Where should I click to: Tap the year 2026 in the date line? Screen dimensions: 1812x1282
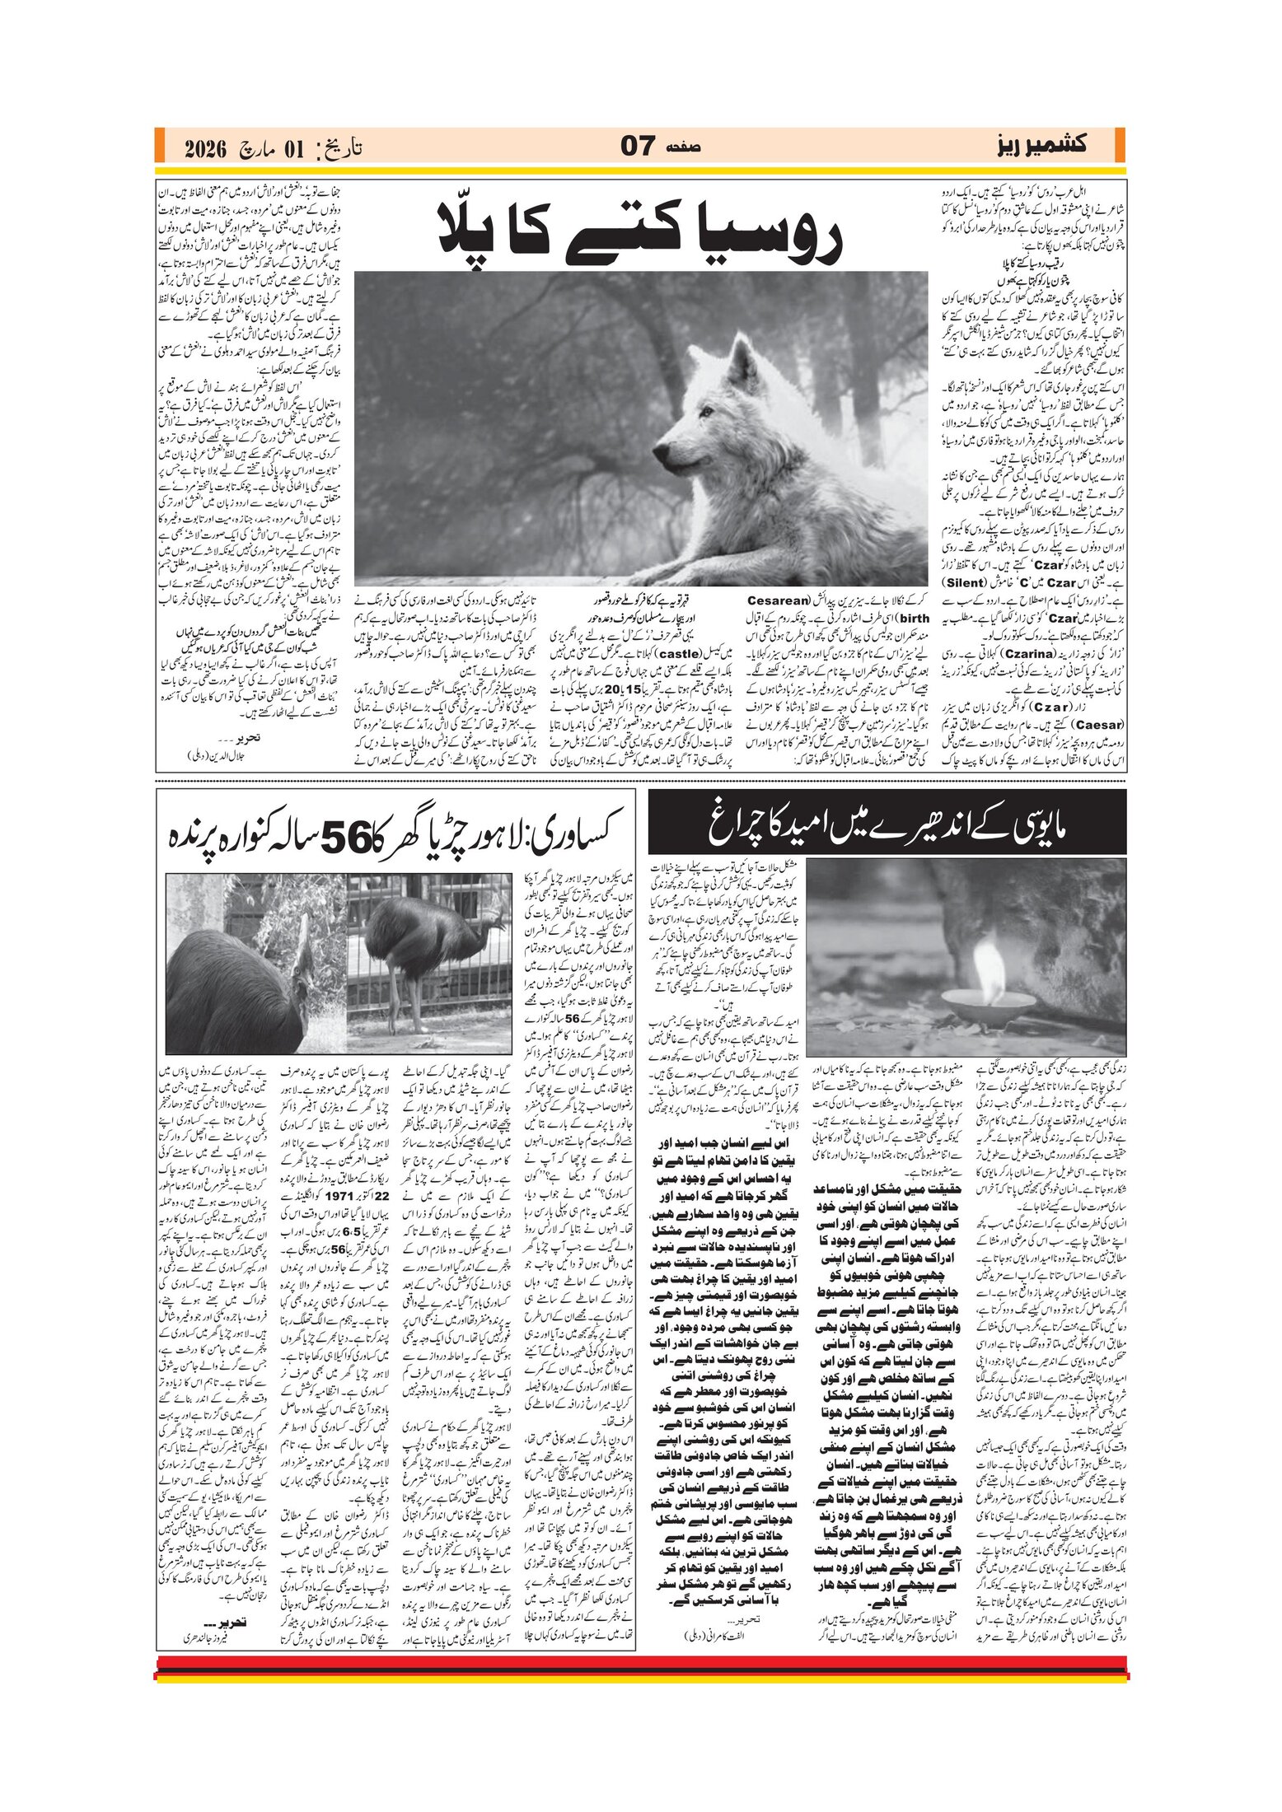211,149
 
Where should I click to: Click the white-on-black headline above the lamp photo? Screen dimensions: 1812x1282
887,822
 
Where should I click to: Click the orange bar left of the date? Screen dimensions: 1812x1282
160,146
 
